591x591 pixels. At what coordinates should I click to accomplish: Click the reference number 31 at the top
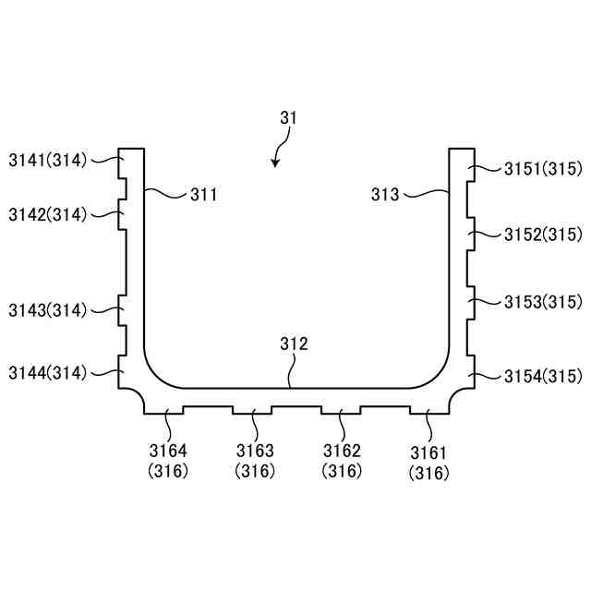(x=288, y=118)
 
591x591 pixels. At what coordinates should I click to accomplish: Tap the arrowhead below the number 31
(x=275, y=163)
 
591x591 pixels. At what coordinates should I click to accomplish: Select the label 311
(x=204, y=195)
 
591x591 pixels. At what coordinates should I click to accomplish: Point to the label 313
(x=385, y=195)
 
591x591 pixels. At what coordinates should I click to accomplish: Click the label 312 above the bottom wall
(x=294, y=344)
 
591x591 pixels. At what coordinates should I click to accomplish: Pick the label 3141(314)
(x=48, y=161)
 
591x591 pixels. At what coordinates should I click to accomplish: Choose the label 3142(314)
(x=48, y=215)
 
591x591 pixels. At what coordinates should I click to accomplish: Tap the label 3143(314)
(x=48, y=310)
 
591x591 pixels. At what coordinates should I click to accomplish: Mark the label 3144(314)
(x=48, y=373)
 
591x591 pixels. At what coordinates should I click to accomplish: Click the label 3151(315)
(x=543, y=169)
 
